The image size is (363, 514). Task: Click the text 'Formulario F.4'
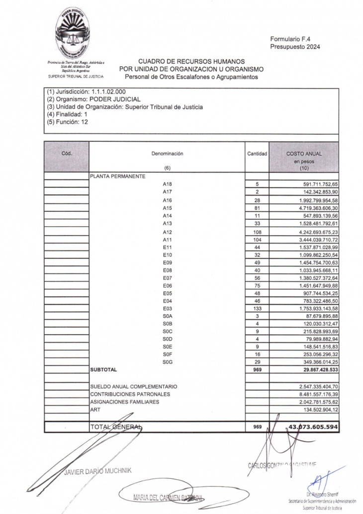[291, 39]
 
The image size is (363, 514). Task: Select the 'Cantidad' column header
[258, 154]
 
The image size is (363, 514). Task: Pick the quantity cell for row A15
[258, 208]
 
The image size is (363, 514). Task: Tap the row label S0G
[167, 362]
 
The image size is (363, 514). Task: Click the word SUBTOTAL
[104, 370]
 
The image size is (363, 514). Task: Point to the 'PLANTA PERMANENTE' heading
[117, 176]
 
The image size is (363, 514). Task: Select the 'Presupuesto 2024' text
[295, 47]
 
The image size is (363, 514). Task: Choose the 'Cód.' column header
[67, 154]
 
